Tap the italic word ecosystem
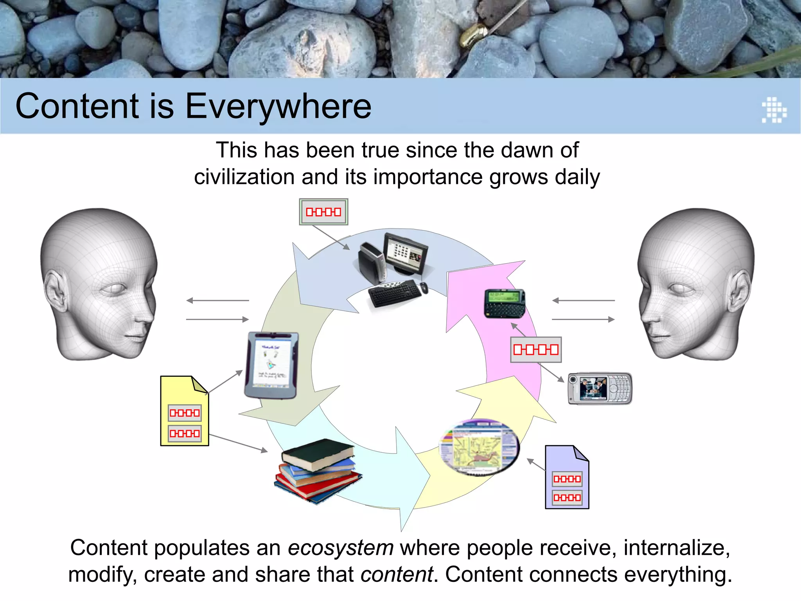click(x=341, y=547)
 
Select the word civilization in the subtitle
click(x=244, y=177)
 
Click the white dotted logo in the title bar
click(x=774, y=110)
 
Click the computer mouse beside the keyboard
click(x=424, y=288)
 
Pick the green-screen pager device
click(x=505, y=303)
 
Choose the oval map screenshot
click(x=480, y=446)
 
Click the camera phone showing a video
click(x=600, y=388)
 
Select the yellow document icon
click(x=184, y=411)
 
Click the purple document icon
click(x=567, y=477)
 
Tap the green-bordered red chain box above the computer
click(x=323, y=212)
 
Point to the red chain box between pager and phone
click(x=536, y=349)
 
